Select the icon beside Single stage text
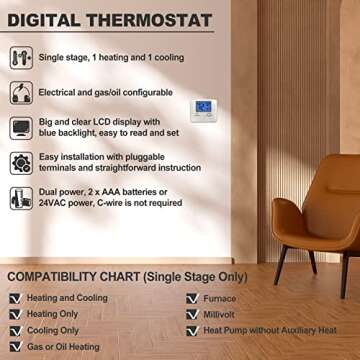[x=21, y=58]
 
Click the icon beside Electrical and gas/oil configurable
[x=21, y=93]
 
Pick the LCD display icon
[x=21, y=128]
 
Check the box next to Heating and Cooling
[x=15, y=298]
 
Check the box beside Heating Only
[x=15, y=314]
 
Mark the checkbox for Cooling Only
[x=15, y=329]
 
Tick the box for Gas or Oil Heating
[x=15, y=345]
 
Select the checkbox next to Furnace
[x=191, y=298]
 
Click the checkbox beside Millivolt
[x=191, y=313]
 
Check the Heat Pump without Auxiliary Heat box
[x=191, y=329]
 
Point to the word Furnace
[x=223, y=298]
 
